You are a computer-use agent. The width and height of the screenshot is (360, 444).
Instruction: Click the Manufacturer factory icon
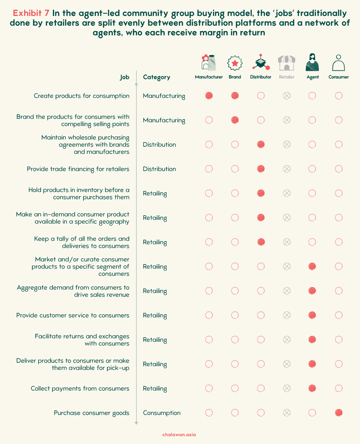pos(209,63)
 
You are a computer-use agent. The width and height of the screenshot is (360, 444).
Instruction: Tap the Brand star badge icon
pos(235,63)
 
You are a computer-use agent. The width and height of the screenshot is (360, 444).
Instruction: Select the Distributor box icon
pos(261,62)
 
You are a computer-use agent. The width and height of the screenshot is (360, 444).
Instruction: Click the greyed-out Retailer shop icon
pos(286,63)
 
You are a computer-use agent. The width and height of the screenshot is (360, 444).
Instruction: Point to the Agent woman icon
pos(312,62)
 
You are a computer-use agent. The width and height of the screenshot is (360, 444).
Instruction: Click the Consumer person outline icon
pos(338,63)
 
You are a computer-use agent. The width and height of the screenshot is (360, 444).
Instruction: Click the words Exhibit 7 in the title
pos(31,13)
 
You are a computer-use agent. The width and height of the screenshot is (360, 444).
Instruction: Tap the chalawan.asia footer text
pos(179,435)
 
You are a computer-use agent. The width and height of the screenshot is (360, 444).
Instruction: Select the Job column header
pos(125,77)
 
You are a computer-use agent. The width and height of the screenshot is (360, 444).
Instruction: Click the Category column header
pos(157,77)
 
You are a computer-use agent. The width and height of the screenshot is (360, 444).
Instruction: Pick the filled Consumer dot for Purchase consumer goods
pos(338,412)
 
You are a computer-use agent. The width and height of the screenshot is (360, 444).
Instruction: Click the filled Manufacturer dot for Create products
pos(209,96)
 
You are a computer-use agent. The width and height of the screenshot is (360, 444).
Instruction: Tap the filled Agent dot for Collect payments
pos(312,388)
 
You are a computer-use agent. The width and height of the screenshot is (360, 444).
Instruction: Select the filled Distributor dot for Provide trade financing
pos(261,169)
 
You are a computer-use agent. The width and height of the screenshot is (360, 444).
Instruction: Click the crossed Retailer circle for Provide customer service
pos(287,315)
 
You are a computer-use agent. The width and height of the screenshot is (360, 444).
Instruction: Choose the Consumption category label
pos(162,413)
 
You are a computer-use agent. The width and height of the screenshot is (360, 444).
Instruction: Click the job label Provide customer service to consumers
pos(73,315)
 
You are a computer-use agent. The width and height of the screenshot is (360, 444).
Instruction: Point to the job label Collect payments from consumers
pos(80,388)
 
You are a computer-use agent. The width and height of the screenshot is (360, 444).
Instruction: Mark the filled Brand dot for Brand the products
pos(235,120)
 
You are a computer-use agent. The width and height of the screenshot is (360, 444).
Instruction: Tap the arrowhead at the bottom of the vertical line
pos(136,423)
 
